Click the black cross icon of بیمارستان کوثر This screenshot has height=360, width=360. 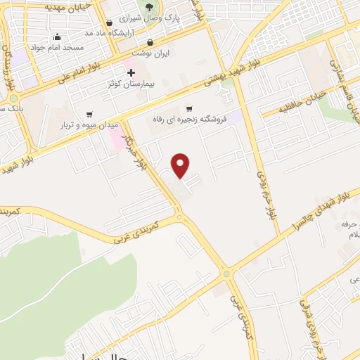click(x=131, y=73)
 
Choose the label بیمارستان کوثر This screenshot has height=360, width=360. click(x=130, y=84)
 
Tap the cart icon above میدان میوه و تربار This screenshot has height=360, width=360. click(x=89, y=114)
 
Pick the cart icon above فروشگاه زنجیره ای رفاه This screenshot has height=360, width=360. click(x=188, y=108)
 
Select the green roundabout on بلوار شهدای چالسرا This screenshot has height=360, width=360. click(x=226, y=274)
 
